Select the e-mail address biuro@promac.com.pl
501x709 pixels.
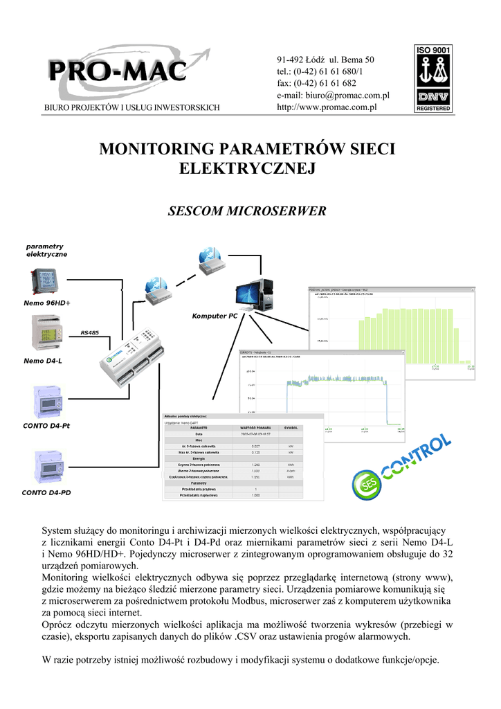pyautogui.click(x=334, y=95)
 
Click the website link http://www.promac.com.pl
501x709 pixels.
pyautogui.click(x=326, y=107)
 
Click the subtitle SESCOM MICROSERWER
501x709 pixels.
pyautogui.click(x=247, y=210)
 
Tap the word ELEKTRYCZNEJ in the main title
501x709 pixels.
pyautogui.click(x=247, y=168)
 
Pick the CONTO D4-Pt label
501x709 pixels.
pyautogui.click(x=47, y=425)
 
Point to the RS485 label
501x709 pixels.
pyautogui.click(x=90, y=333)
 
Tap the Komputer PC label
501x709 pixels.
pyautogui.click(x=215, y=316)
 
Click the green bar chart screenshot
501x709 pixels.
pyautogui.click(x=392, y=332)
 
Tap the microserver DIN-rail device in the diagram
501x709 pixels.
pyautogui.click(x=130, y=357)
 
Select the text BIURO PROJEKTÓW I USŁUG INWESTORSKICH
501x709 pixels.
pyautogui.click(x=132, y=107)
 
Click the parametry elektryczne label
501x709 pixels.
pyautogui.click(x=46, y=250)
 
